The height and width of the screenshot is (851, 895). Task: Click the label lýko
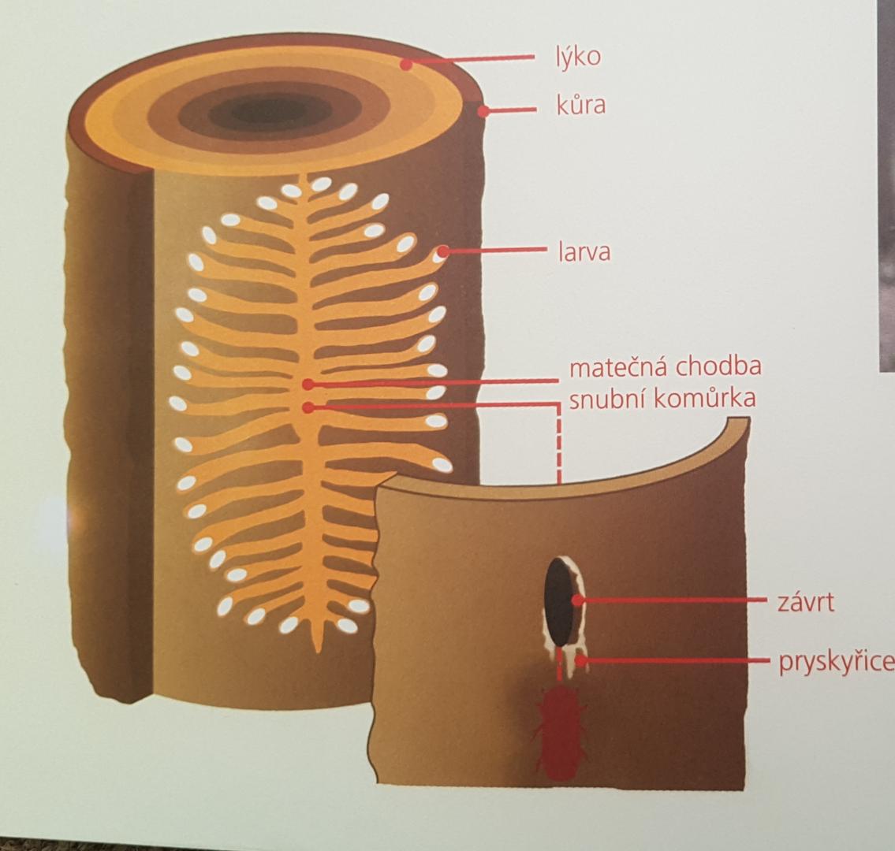click(578, 58)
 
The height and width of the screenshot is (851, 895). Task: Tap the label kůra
click(580, 105)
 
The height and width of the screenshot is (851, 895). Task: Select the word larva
click(584, 251)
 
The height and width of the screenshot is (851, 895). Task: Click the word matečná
click(619, 366)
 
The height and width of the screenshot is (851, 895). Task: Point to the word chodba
click(718, 366)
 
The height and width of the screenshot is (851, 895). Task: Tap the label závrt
click(805, 602)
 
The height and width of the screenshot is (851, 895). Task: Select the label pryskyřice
click(836, 662)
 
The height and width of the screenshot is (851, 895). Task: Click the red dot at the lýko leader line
click(406, 65)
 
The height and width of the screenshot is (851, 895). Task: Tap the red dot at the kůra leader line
click(483, 110)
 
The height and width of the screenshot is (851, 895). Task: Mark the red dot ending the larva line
click(443, 251)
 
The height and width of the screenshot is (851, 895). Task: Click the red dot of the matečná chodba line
click(308, 385)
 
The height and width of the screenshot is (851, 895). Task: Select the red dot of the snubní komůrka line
click(308, 407)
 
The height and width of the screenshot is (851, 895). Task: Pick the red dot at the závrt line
click(578, 600)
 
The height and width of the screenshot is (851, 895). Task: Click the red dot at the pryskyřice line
click(580, 661)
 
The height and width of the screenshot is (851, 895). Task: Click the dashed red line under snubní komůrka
click(559, 444)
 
